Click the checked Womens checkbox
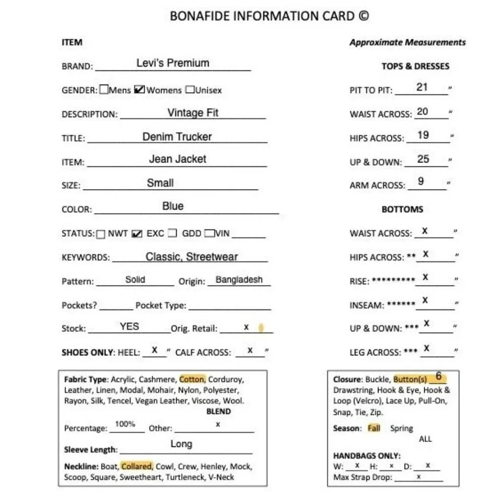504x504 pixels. tap(140, 90)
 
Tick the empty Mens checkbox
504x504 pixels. tap(104, 90)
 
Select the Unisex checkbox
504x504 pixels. tap(190, 90)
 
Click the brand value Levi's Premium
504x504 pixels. tap(172, 63)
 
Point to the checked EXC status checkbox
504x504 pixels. tap(137, 234)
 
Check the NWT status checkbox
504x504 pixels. tap(101, 234)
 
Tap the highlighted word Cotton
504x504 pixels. tap(192, 380)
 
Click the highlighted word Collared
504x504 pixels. tap(136, 466)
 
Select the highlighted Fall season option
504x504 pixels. tap(374, 428)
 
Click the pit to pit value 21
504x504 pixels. tap(422, 87)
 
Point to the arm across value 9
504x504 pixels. tap(421, 181)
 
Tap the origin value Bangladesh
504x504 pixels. tap(239, 280)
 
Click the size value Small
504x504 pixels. tap(160, 183)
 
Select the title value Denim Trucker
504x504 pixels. tap(177, 137)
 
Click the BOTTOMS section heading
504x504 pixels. tap(402, 209)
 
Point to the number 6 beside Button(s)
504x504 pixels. tap(438, 376)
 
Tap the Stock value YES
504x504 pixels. tap(130, 326)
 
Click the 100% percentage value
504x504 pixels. tap(125, 424)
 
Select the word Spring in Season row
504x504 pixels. tap(401, 428)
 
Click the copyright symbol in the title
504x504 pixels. tap(363, 16)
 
